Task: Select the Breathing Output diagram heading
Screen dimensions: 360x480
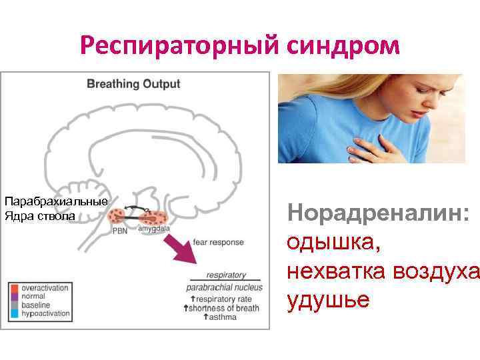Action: (x=133, y=84)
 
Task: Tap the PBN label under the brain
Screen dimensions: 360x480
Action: (x=119, y=231)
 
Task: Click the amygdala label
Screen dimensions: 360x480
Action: (x=154, y=229)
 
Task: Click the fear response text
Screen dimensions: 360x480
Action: (x=217, y=242)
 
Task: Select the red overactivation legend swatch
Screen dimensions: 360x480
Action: (x=14, y=287)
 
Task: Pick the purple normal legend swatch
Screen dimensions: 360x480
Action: (x=14, y=296)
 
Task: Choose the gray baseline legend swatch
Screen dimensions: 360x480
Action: (x=14, y=305)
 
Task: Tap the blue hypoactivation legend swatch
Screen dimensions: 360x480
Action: (x=14, y=313)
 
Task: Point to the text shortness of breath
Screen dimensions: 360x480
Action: (x=223, y=308)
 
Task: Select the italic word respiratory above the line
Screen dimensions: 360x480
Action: (x=226, y=275)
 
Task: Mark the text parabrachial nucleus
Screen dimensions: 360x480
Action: (x=224, y=287)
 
